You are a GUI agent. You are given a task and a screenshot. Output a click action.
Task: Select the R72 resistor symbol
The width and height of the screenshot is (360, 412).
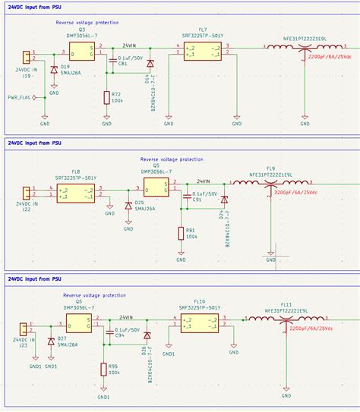click(106, 97)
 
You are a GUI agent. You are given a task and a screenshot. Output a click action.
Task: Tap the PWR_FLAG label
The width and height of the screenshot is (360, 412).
click(20, 96)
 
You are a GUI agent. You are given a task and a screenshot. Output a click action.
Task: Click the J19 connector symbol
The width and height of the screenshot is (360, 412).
click(26, 58)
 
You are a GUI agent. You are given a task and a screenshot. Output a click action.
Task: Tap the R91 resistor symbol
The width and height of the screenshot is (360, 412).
click(181, 233)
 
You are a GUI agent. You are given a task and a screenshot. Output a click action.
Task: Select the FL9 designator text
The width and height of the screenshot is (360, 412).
click(270, 168)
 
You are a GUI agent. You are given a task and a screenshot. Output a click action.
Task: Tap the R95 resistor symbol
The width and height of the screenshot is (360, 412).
click(103, 370)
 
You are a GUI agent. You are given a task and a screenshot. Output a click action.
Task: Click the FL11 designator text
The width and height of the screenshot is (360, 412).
click(286, 304)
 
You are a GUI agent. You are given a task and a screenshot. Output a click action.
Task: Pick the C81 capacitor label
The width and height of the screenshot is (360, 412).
click(122, 64)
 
